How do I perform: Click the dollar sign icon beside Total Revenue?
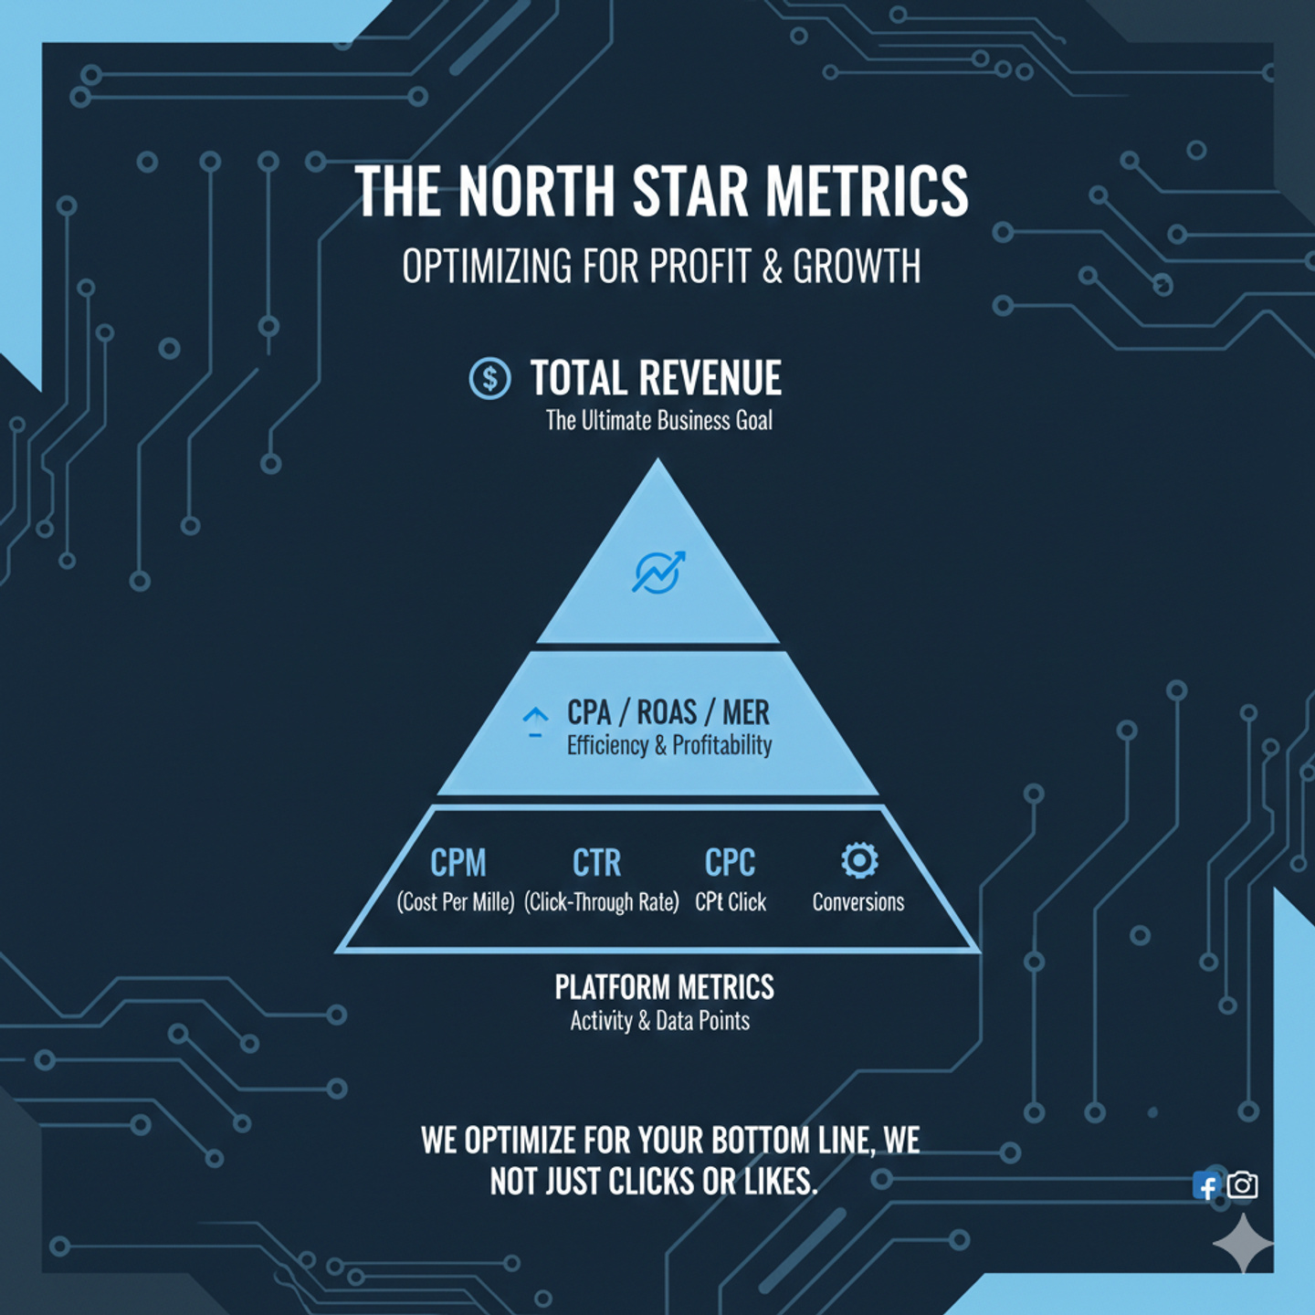[489, 378]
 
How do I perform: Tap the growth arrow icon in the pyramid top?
[657, 572]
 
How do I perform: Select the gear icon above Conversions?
[859, 860]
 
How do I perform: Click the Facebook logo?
[1206, 1185]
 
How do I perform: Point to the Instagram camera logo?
[1242, 1185]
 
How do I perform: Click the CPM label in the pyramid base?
[458, 863]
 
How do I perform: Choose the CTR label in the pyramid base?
[596, 863]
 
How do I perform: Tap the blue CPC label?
[730, 863]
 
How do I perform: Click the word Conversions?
[857, 902]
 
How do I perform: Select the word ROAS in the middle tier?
[667, 713]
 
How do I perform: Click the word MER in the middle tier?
[746, 713]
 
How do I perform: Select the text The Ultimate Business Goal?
[659, 420]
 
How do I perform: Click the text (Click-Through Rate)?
[601, 902]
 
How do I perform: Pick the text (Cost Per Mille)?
[455, 902]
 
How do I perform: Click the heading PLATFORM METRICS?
[664, 987]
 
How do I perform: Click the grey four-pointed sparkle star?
[1243, 1243]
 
